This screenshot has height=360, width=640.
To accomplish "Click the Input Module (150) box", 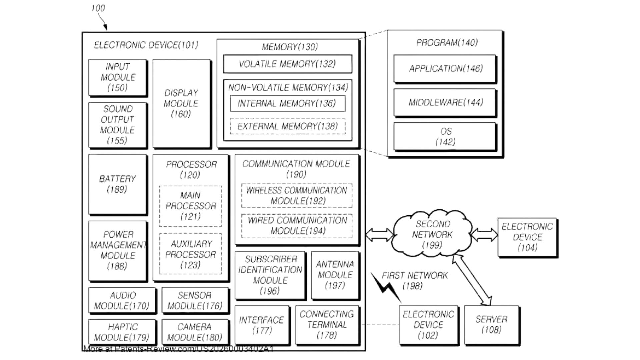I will coord(118,77).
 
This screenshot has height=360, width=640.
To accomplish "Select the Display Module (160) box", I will coord(182,103).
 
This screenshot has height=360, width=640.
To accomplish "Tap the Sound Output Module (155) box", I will coord(118,125).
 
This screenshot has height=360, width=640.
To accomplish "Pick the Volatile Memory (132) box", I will coord(287,64).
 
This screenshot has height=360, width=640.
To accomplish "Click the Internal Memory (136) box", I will coord(287,104).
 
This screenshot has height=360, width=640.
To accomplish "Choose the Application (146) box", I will coord(446,69).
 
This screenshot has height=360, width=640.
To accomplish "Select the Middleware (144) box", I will coord(446,102).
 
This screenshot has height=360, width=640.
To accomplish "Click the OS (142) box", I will coord(446,137).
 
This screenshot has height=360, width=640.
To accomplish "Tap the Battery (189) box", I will coord(117,184).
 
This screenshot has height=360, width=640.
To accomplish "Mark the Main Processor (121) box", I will coord(190,206).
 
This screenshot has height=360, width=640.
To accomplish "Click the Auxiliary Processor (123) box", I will coord(190,254).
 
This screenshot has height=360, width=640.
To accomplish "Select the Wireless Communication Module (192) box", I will coord(297,195).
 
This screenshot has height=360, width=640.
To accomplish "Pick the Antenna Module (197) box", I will coord(336,275).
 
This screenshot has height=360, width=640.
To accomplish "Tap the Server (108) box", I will coord(492,325).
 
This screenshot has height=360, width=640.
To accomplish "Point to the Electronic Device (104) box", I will coord(528,237).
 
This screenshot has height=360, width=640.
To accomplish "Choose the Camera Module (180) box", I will coord(196,332).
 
